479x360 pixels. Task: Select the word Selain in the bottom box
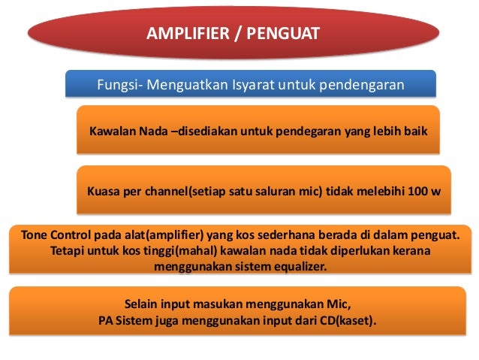click(x=142, y=304)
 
